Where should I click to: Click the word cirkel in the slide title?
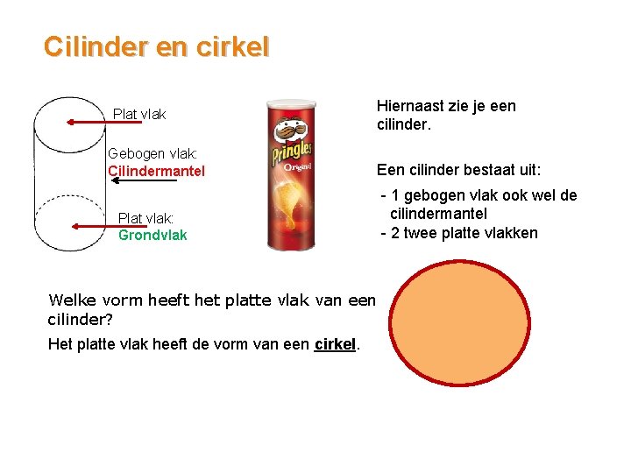232,47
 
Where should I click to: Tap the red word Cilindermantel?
156,171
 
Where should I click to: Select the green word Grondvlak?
152,235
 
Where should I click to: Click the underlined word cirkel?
335,344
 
